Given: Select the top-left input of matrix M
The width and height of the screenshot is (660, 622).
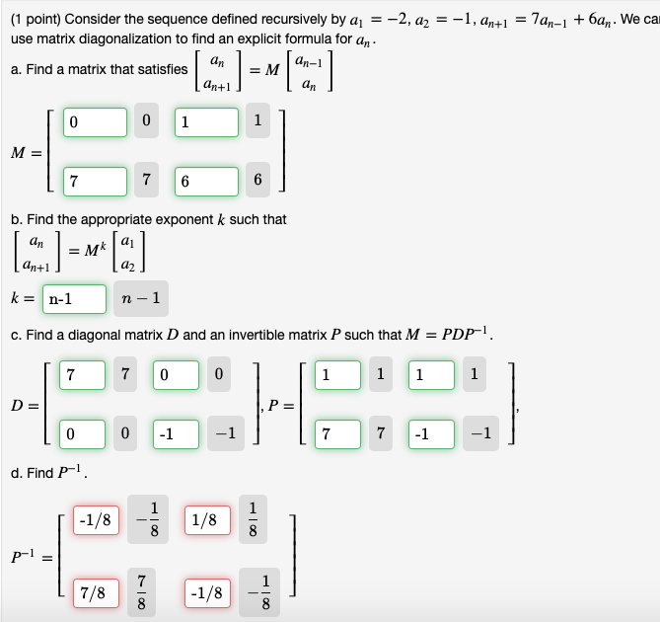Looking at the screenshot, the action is pos(95,122).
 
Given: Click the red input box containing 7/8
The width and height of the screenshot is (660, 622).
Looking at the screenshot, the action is pos(95,593).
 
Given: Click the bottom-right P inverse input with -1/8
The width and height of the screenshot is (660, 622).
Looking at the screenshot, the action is pos(206,593).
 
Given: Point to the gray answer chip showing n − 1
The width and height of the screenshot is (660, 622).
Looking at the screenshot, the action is pos(142,298).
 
